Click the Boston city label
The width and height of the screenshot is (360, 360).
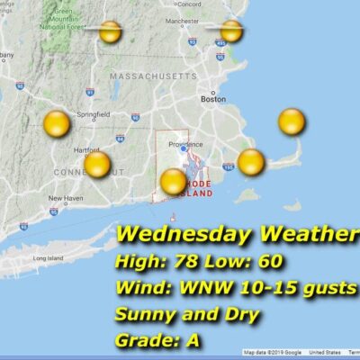213,99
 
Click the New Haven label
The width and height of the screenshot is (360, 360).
65,198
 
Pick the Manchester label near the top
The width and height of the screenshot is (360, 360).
207,20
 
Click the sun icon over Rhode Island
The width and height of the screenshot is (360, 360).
173,182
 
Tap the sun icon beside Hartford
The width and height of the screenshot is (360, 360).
97,165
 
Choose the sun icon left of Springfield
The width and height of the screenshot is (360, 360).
56,124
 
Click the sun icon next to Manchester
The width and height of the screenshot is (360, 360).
232,31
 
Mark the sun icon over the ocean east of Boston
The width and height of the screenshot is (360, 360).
292,121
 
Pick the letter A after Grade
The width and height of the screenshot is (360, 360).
193,341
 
